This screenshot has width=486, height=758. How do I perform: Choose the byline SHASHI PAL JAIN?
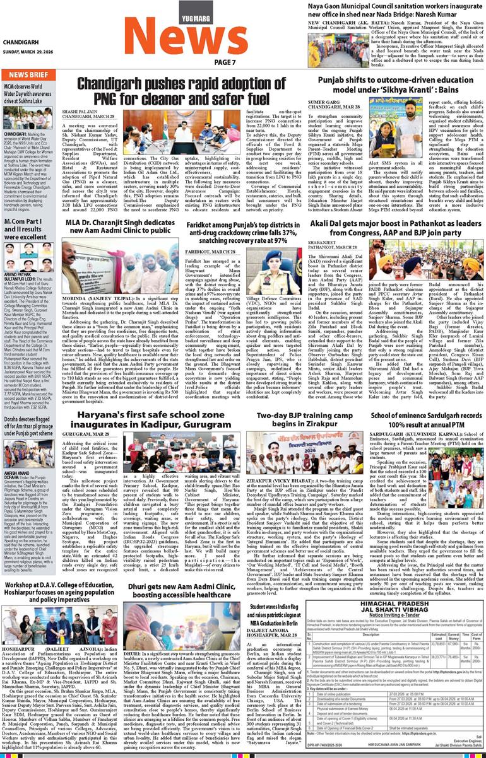pyautogui.click(x=96, y=111)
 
